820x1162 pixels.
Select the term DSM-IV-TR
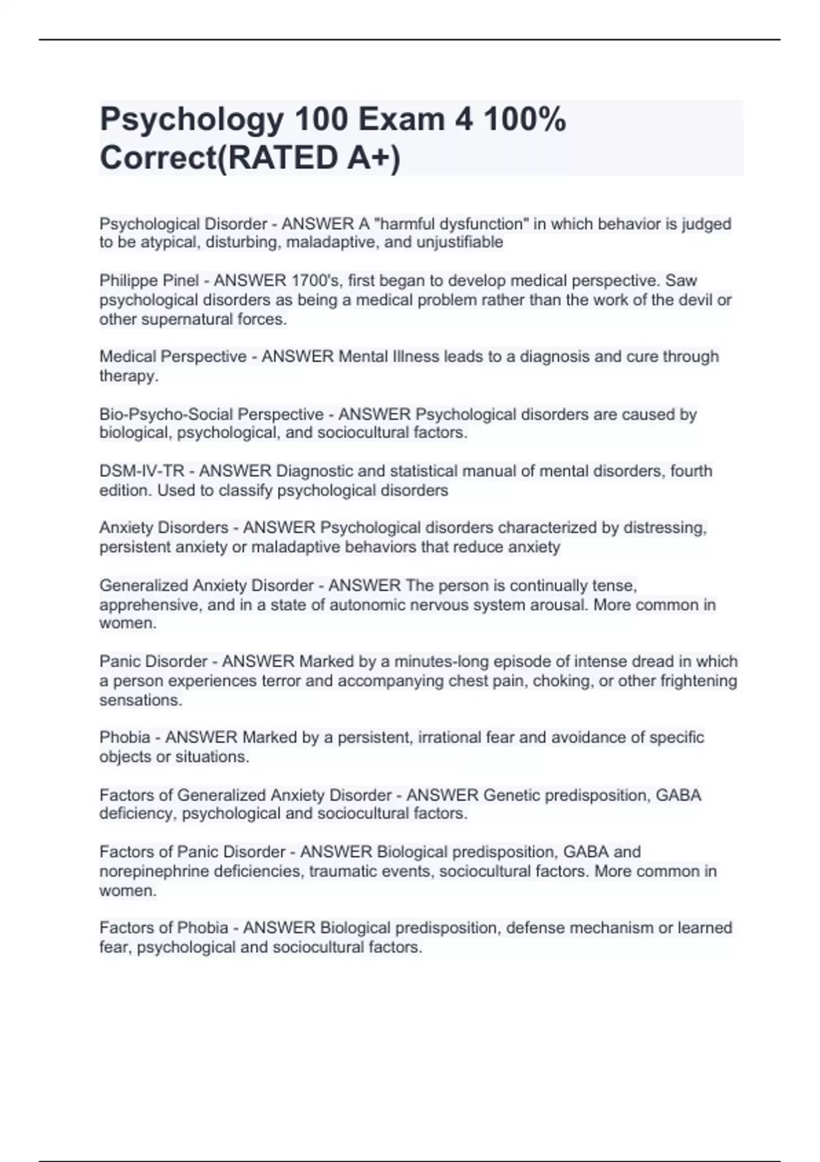click(141, 471)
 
